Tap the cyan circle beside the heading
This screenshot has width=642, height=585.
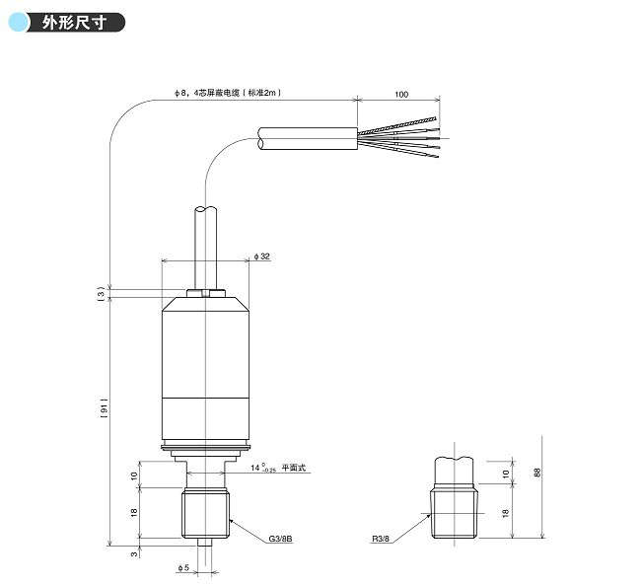19,22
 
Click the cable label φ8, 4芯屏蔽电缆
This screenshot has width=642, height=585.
228,93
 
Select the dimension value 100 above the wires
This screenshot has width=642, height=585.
401,95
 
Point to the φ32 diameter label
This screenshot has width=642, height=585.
262,256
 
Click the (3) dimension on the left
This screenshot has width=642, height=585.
101,293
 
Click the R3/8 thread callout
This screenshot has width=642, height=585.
382,540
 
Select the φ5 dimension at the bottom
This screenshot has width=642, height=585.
182,569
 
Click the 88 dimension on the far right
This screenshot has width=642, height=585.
536,474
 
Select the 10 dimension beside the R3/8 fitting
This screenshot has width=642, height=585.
507,474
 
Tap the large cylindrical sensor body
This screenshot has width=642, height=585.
204,370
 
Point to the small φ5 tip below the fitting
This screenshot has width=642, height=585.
205,543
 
